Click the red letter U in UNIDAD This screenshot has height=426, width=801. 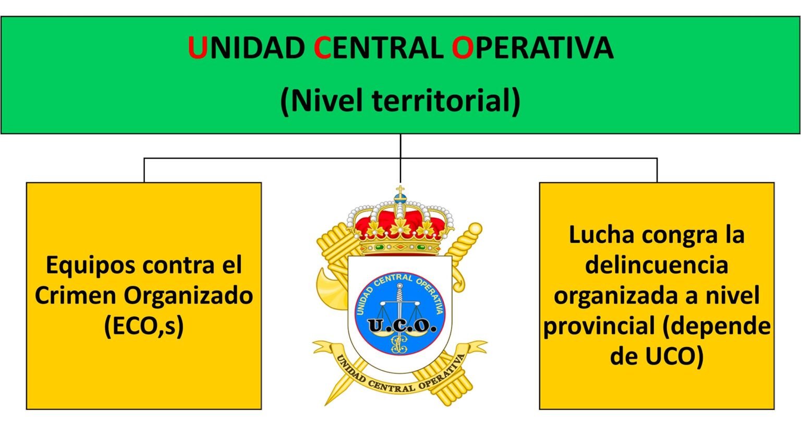tap(198, 48)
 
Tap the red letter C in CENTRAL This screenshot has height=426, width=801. tap(323, 48)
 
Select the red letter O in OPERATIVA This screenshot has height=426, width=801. tap(462, 48)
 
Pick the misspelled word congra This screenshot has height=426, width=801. tap(678, 235)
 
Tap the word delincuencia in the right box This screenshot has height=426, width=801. tap(657, 265)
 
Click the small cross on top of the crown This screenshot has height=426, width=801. tap(400, 190)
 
